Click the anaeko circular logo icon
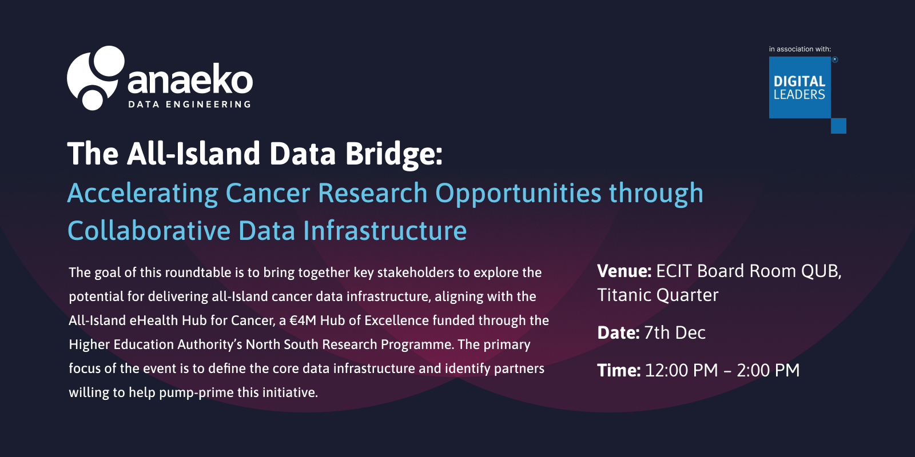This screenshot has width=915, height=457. coord(96,78)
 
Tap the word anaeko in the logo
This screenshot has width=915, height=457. coord(190,79)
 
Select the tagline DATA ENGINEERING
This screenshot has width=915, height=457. coord(189,105)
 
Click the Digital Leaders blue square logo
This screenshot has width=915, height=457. coord(800,87)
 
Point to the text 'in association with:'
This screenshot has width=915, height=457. coord(800,49)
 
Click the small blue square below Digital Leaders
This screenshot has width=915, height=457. coord(838,126)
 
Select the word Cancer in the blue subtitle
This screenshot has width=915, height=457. coord(268,193)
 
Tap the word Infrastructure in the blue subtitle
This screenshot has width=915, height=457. coord(385,231)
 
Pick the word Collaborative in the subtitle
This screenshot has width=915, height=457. coord(149,231)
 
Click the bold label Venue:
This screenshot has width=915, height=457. coord(624,271)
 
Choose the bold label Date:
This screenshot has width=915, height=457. coord(618,332)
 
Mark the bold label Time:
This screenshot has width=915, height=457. coord(619,370)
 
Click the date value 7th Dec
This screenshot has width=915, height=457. coord(675,332)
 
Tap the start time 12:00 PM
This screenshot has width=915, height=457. coord(681,370)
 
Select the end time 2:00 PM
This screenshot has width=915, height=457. coord(769,370)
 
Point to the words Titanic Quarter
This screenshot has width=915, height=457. coord(658,295)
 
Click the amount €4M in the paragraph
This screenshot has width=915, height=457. coord(303,320)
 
